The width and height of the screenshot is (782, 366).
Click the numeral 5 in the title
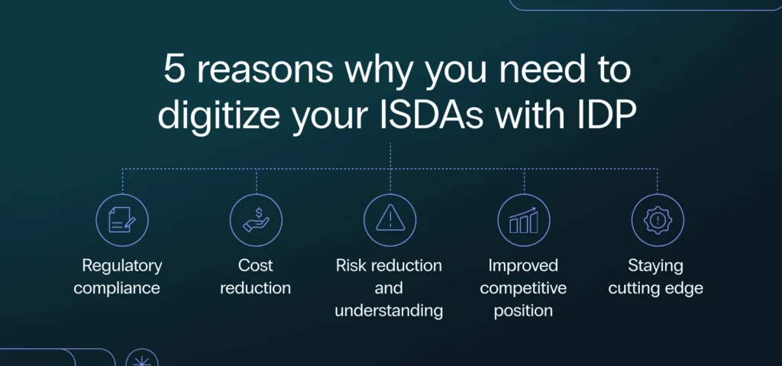(174, 70)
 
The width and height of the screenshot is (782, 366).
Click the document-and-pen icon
(121, 220)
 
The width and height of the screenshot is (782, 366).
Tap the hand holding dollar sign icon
(256, 220)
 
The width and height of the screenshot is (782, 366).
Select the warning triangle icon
(390, 219)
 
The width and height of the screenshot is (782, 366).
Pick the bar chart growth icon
(524, 220)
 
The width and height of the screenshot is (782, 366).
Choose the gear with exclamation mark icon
(658, 220)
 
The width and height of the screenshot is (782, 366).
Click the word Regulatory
(122, 266)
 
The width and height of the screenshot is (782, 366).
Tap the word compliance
(117, 289)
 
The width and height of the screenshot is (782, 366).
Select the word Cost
(256, 265)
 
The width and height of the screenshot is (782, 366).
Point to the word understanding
(389, 311)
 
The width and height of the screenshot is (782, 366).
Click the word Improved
(523, 266)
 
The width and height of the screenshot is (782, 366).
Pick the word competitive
(523, 289)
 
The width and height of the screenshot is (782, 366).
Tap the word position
(523, 311)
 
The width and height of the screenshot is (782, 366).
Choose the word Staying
(655, 266)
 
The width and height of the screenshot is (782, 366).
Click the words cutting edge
(655, 289)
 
